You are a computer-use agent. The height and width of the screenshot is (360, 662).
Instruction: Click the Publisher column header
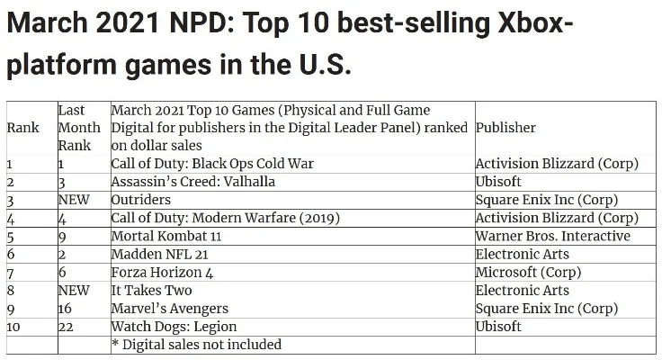pyautogui.click(x=505, y=128)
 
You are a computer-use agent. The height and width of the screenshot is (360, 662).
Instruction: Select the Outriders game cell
pyautogui.click(x=140, y=200)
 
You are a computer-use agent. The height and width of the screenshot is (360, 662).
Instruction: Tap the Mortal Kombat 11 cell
pyautogui.click(x=167, y=236)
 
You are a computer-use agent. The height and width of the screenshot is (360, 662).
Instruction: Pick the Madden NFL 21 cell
pyautogui.click(x=159, y=254)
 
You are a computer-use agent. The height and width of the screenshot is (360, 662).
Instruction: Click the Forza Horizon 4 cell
pyautogui.click(x=162, y=272)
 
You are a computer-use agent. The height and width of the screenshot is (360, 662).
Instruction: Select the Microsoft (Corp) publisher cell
pyautogui.click(x=528, y=272)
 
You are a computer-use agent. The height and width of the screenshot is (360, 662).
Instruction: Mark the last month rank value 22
pyautogui.click(x=66, y=326)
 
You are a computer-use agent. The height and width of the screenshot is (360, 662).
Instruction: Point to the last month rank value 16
pyautogui.click(x=65, y=308)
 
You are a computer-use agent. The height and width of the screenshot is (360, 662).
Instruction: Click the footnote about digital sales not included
pyautogui.click(x=196, y=344)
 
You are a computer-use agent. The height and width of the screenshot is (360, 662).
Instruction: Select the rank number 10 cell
pyautogui.click(x=13, y=326)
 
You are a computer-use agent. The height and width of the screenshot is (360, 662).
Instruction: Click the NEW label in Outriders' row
pyautogui.click(x=74, y=200)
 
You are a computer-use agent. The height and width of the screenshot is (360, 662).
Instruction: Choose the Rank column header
pyautogui.click(x=22, y=128)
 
